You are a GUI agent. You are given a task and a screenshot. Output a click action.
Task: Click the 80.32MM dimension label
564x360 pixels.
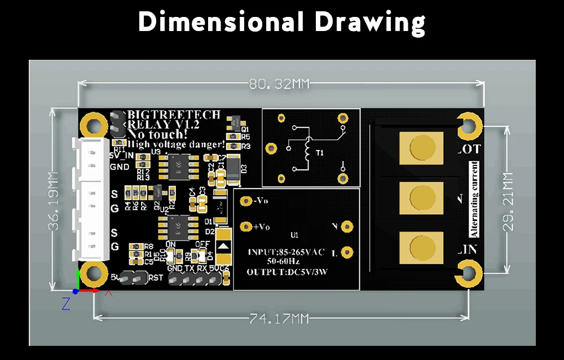click(x=280, y=85)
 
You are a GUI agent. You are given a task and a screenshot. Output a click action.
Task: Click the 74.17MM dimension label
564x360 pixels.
click(x=280, y=319)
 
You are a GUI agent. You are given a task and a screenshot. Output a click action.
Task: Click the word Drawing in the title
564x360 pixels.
click(x=369, y=23)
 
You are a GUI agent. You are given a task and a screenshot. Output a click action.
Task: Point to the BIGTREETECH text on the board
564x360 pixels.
click(x=174, y=115)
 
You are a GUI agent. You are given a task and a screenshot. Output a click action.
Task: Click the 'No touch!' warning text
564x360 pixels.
click(x=157, y=134)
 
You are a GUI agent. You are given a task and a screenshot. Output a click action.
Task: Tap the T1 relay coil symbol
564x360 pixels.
click(x=307, y=148)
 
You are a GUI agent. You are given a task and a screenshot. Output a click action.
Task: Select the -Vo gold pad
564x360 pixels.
click(x=245, y=201)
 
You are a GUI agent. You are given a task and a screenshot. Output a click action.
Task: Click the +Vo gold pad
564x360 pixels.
click(x=245, y=227)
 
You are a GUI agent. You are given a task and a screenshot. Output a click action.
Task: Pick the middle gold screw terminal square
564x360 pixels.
click(x=420, y=198)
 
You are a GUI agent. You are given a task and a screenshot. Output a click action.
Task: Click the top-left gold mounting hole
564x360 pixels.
click(x=90, y=122)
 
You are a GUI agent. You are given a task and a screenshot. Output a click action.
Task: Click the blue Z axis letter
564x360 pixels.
click(x=66, y=304)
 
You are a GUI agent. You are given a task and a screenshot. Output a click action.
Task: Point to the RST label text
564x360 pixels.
click(x=156, y=278)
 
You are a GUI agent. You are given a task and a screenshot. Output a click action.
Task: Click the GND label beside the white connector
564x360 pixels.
click(x=119, y=167)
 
